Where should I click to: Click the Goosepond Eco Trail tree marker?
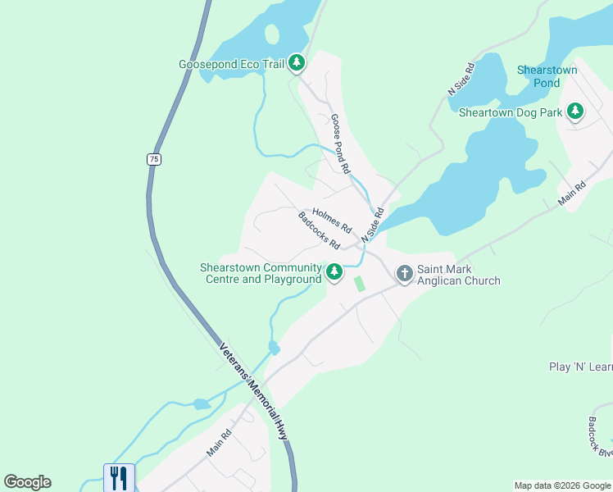(297, 63)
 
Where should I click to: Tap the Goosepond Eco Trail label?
(230, 64)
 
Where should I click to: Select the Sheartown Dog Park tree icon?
(575, 111)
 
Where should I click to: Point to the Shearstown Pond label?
(547, 76)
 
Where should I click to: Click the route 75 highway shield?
(153, 159)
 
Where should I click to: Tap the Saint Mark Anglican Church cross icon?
(404, 273)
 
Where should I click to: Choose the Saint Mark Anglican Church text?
(458, 274)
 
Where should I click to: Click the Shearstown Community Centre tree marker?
(334, 272)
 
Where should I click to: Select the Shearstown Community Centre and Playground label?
(261, 273)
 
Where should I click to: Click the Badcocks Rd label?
(320, 230)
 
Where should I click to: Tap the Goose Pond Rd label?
(341, 142)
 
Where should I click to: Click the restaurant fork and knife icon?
(118, 477)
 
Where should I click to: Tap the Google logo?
(28, 482)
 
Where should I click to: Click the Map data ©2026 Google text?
(562, 485)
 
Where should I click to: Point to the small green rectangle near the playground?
(359, 283)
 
